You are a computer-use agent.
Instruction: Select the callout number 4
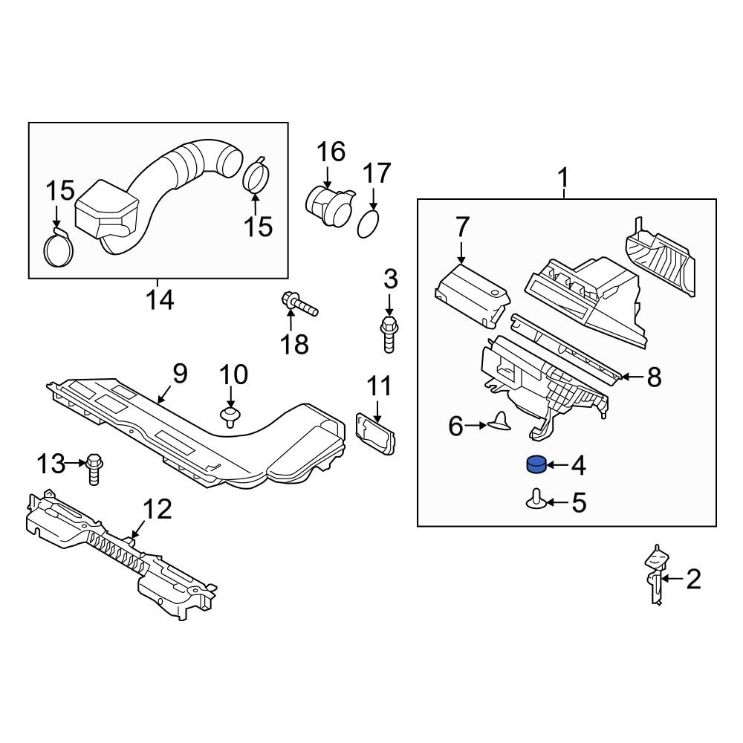click(578, 467)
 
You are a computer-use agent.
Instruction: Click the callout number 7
click(462, 227)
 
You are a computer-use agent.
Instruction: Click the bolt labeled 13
click(93, 467)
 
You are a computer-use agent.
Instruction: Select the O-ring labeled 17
click(369, 224)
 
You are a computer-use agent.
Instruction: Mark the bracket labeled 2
click(655, 576)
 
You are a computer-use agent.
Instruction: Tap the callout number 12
click(158, 510)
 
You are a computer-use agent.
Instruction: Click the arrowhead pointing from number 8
click(623, 377)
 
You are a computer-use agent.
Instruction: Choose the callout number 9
click(179, 374)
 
